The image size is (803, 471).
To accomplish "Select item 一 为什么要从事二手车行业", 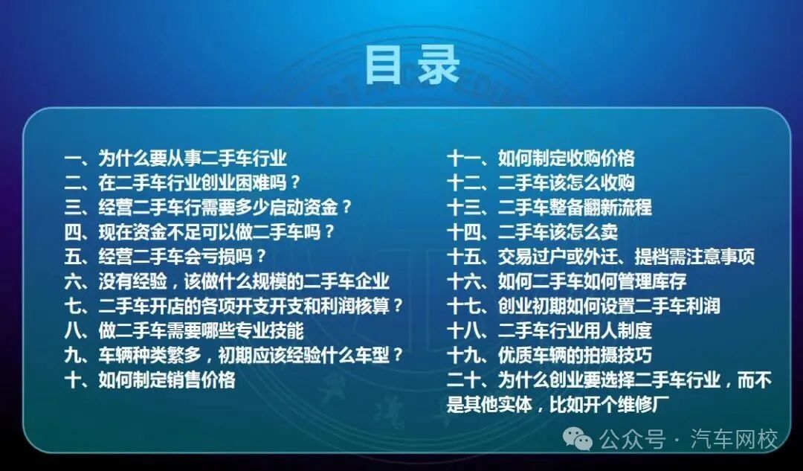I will [x=175, y=158].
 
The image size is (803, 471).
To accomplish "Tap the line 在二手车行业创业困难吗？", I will [x=183, y=182].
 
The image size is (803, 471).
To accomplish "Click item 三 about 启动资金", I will [x=208, y=207].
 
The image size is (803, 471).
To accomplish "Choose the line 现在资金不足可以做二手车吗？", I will [x=199, y=231].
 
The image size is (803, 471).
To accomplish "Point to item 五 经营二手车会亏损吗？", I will [x=166, y=257].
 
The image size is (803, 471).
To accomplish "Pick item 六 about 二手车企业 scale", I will [x=227, y=281].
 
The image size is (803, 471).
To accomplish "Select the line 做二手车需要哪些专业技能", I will [x=184, y=330].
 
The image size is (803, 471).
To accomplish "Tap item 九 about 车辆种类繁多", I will [x=233, y=355].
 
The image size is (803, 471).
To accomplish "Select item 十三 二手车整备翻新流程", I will [x=549, y=207].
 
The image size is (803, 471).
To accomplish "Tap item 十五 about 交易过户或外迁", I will [x=601, y=257].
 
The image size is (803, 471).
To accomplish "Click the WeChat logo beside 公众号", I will [x=578, y=439].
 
